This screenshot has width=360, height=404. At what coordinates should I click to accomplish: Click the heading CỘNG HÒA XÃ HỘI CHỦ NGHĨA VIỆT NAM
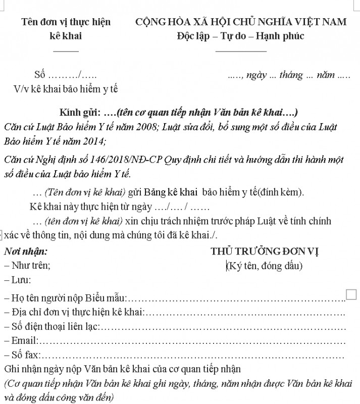241,22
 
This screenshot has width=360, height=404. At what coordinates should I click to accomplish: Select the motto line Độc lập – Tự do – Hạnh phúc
240,36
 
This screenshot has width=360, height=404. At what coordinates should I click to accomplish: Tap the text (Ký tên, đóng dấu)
265,266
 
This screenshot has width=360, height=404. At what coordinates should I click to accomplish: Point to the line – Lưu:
17,279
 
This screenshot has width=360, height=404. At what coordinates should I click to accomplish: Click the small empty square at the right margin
352,294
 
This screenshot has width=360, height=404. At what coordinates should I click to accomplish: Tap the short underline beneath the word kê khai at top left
66,50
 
